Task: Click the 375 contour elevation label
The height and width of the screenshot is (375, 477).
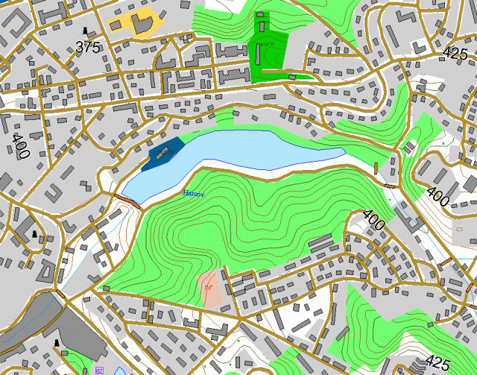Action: point(88,47)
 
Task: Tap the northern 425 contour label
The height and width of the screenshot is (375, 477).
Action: point(455,53)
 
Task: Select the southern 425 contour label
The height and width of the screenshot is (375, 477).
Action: point(437,363)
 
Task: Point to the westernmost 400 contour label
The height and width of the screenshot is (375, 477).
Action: point(19,145)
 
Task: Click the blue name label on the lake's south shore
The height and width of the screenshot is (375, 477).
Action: point(193,192)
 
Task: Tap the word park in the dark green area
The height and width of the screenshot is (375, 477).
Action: point(266,44)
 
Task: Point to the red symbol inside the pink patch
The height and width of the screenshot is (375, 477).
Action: point(210,284)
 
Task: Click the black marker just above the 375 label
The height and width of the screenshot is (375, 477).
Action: point(88,32)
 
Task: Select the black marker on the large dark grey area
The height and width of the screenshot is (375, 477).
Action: point(57,342)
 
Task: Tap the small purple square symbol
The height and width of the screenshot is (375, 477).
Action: point(99,370)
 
